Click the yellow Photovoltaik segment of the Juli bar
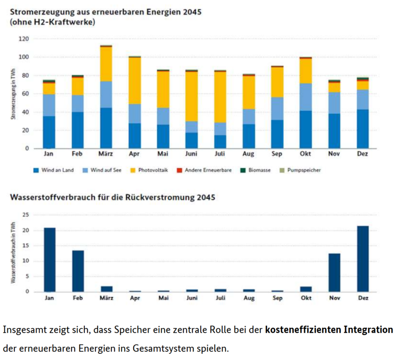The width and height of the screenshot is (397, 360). point(220,97)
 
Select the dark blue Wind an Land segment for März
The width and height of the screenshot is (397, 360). point(105,128)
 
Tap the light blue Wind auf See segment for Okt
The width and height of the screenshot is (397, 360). point(306,97)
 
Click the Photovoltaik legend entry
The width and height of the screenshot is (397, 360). point(151,170)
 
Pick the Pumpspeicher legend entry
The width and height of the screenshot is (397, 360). point(302,170)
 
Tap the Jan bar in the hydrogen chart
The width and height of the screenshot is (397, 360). point(49,260)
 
